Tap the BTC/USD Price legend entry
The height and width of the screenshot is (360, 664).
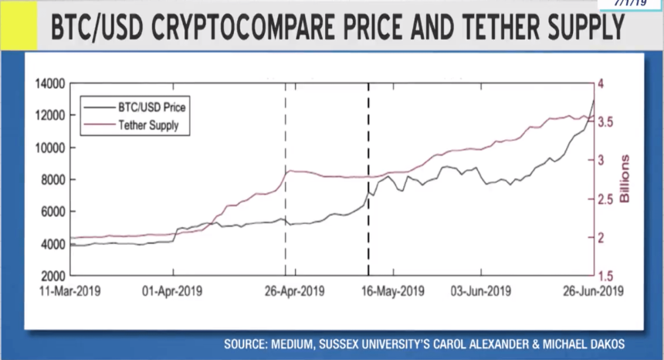[151, 107]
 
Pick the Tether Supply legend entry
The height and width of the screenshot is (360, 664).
[147, 125]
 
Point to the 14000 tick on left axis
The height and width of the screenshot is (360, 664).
[50, 83]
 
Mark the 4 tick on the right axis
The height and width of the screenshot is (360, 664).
[601, 83]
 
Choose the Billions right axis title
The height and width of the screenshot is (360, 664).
[625, 179]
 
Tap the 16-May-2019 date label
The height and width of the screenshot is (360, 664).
[393, 291]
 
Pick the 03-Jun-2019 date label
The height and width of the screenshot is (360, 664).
[479, 291]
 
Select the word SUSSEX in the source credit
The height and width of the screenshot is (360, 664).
[335, 343]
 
